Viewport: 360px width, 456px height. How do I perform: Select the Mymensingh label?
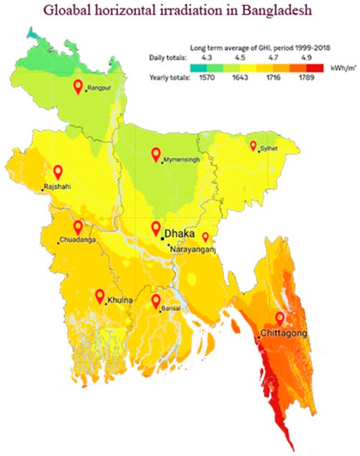183,159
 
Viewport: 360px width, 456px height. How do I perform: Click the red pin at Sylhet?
254,146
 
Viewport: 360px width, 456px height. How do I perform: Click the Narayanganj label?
196,248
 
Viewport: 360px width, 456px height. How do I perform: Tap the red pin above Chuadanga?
78,226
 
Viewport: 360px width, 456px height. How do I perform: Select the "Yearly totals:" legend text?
165,77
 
